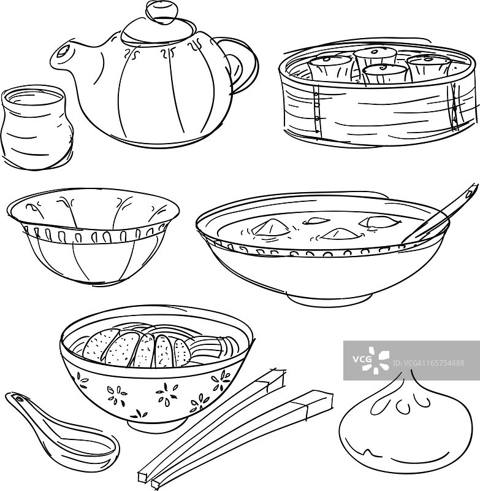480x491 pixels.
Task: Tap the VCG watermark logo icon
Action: point(375,360)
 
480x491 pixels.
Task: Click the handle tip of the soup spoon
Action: point(473,188)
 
